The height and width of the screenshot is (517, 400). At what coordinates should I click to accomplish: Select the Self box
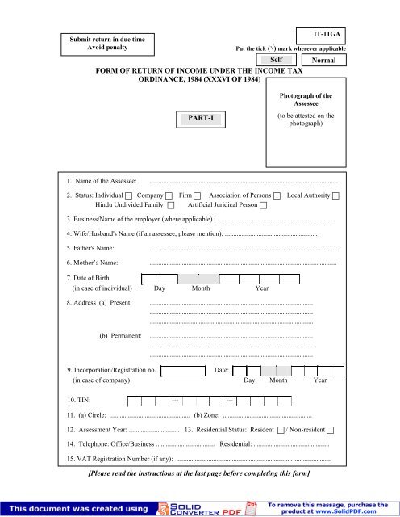tap(276, 60)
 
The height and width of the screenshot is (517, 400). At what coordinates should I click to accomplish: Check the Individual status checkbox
tap(129, 196)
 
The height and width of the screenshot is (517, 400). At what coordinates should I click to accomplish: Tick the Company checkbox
tap(168, 196)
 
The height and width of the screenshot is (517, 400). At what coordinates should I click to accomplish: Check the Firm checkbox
tap(198, 196)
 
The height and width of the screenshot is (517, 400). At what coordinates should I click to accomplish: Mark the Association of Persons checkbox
tap(277, 196)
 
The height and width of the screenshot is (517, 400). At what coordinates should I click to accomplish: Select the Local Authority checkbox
tap(335, 196)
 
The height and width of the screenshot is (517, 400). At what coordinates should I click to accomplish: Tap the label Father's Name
tap(90, 248)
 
